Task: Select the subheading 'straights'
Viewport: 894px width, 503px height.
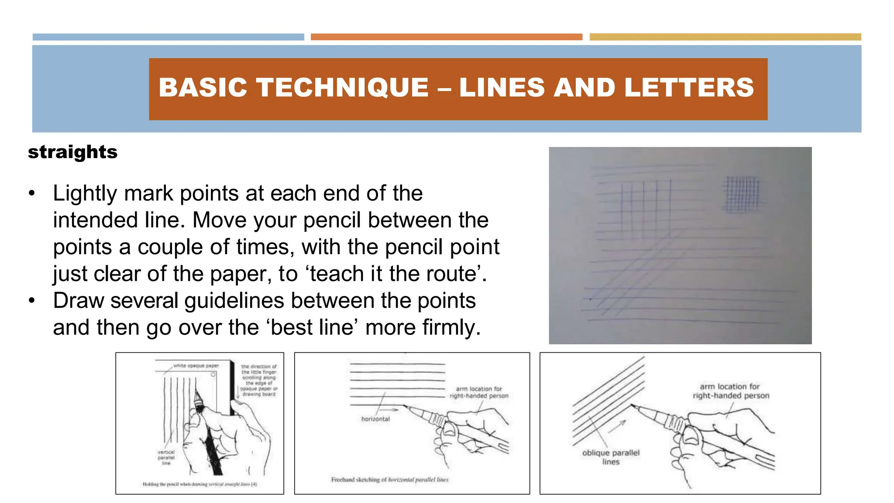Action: pyautogui.click(x=72, y=152)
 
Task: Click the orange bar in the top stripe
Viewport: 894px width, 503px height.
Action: pyautogui.click(x=446, y=37)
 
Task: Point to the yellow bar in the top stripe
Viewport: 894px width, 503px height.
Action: pyautogui.click(x=725, y=37)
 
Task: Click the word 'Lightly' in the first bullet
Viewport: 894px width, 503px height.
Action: pyautogui.click(x=85, y=193)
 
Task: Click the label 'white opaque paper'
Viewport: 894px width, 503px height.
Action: pyautogui.click(x=196, y=365)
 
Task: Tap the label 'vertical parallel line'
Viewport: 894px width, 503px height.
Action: pyautogui.click(x=166, y=457)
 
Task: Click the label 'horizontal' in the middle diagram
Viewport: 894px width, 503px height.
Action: pyautogui.click(x=375, y=419)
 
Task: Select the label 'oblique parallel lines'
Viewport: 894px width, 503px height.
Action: pyautogui.click(x=611, y=457)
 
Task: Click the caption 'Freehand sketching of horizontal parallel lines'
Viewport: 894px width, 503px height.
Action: pyautogui.click(x=389, y=479)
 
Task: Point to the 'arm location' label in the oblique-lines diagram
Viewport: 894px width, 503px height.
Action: pyautogui.click(x=730, y=391)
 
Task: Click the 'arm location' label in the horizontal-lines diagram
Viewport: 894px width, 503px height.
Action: pyautogui.click(x=479, y=392)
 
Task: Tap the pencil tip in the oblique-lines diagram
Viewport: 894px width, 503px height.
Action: pyautogui.click(x=632, y=406)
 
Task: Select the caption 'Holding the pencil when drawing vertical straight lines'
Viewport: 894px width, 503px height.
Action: pyautogui.click(x=199, y=484)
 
